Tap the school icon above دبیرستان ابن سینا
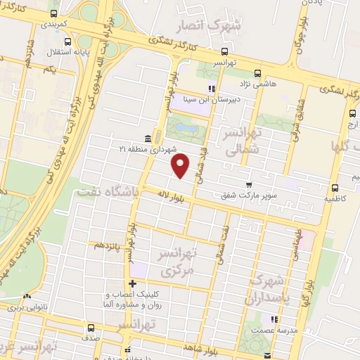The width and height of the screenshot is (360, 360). (x=211, y=89)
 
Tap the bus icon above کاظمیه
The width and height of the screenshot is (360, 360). (x=334, y=187)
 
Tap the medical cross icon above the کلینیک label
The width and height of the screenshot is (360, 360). (x=131, y=284)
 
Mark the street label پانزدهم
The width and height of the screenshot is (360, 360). (x=104, y=245)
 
